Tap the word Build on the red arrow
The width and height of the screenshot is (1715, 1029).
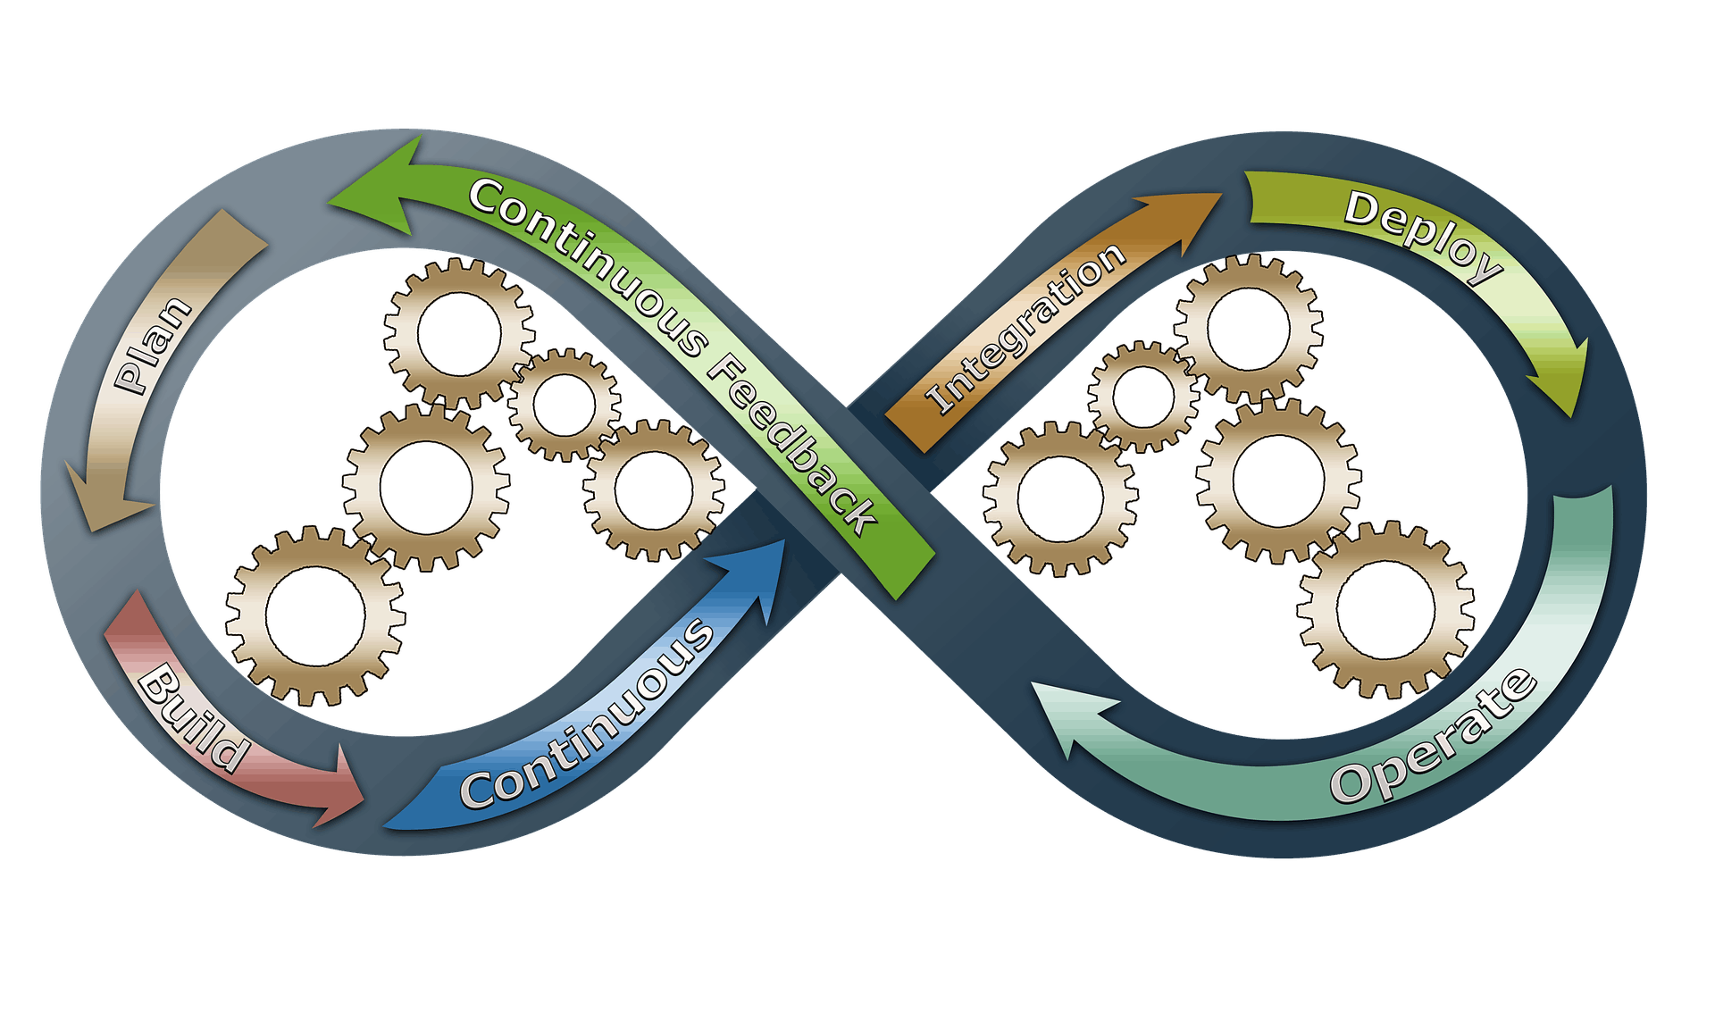191,718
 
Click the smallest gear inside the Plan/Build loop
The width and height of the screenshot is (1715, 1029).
565,404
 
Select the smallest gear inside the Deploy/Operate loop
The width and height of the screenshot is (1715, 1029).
1142,396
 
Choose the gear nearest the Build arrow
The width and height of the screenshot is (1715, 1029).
314,615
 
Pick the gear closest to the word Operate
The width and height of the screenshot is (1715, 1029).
1385,608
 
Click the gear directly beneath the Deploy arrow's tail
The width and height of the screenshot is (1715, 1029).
1248,328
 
